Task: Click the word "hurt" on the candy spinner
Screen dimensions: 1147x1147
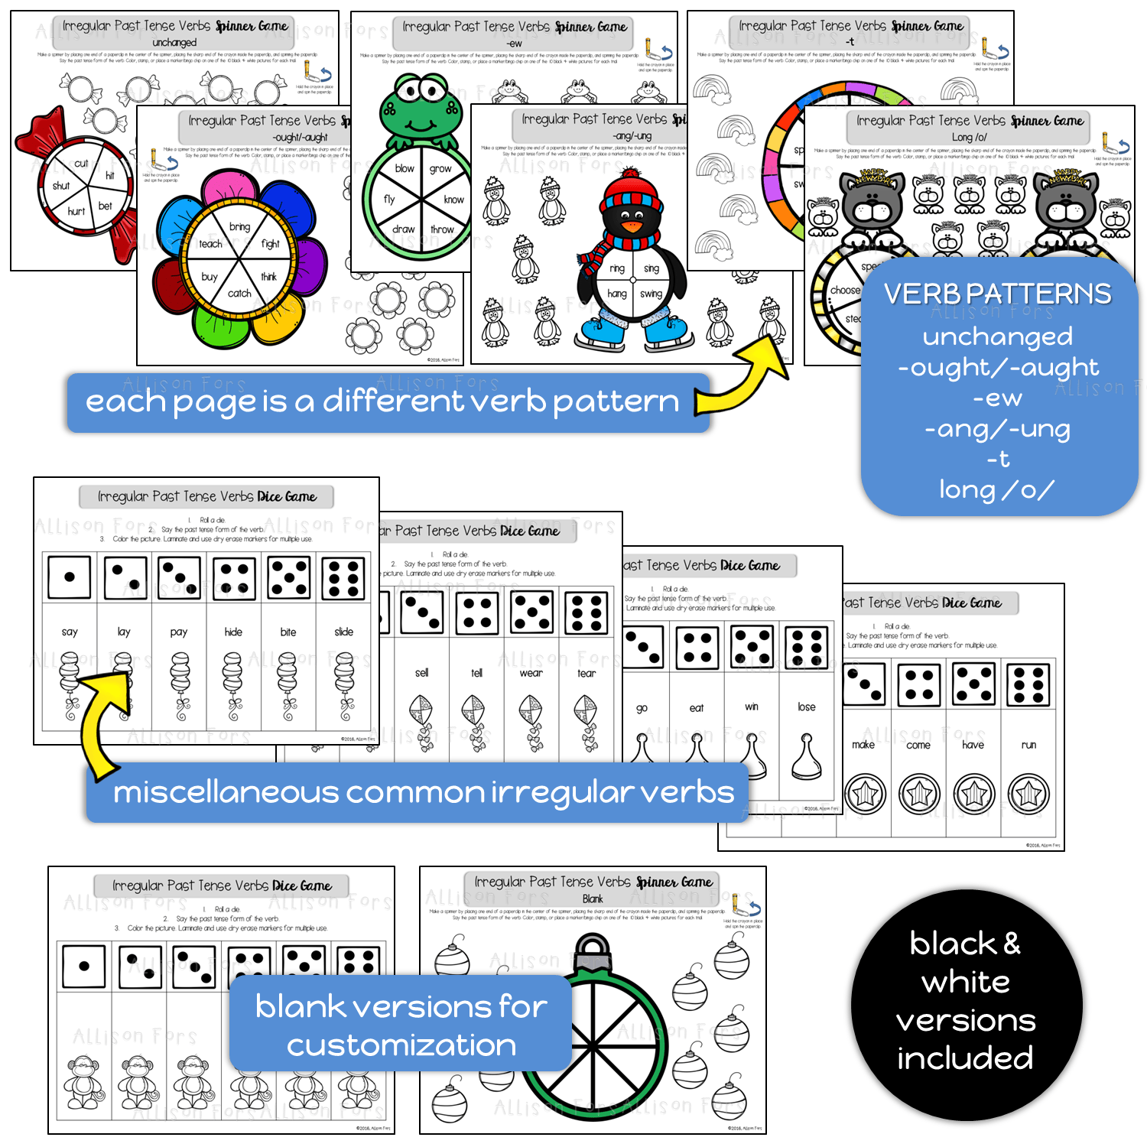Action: [x=76, y=211]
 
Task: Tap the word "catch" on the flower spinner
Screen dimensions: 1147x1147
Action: [x=239, y=293]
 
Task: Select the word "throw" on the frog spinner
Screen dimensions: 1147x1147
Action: [x=442, y=229]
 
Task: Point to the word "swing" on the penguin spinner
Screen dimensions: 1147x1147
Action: [x=651, y=294]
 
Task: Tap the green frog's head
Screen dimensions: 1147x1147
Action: [x=421, y=107]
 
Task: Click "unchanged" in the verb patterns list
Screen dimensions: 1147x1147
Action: [x=998, y=336]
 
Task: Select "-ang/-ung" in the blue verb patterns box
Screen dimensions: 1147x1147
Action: [x=998, y=429]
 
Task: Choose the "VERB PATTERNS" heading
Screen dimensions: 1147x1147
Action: [x=998, y=294]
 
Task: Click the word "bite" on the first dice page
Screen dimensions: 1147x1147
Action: [x=288, y=632]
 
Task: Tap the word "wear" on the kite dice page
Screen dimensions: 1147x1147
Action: [x=531, y=673]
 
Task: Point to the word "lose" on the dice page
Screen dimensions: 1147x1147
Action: [x=807, y=707]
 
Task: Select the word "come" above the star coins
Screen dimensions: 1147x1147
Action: [x=918, y=745]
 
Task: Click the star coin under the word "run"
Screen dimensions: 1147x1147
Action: [x=1028, y=794]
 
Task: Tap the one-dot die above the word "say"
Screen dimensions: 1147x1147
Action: [x=70, y=577]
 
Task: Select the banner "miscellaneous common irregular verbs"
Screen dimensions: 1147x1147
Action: [x=423, y=793]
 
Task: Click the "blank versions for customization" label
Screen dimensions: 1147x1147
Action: [x=401, y=1025]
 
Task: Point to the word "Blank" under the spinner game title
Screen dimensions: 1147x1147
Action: [x=593, y=899]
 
